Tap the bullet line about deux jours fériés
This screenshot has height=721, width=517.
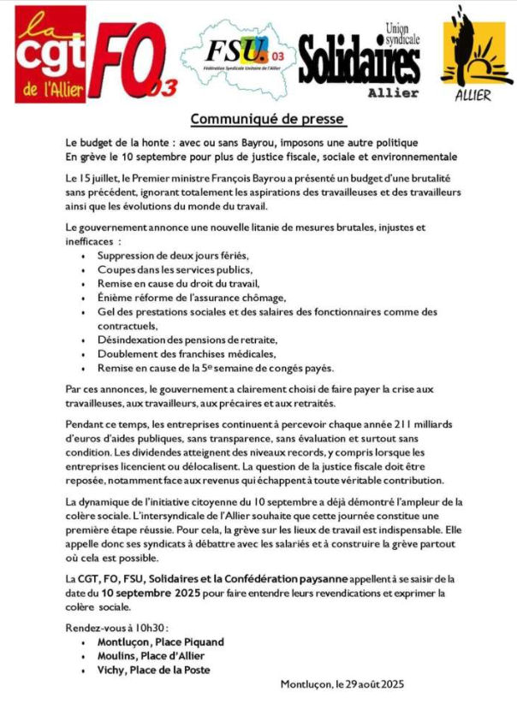(172, 256)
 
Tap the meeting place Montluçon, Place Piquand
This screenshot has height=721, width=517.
(160, 641)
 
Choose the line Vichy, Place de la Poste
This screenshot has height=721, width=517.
(153, 670)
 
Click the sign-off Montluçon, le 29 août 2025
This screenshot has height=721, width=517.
(342, 684)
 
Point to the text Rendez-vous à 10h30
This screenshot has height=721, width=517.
(116, 628)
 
